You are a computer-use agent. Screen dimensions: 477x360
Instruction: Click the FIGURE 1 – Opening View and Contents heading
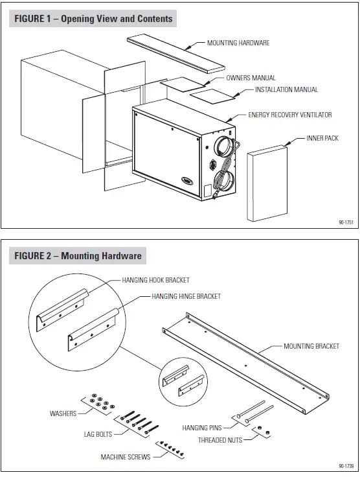pos(94,19)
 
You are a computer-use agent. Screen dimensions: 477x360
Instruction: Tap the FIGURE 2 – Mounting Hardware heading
pos(78,256)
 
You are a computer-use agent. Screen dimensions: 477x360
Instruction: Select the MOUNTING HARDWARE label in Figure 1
pos(238,43)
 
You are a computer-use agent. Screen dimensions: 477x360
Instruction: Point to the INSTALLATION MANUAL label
pos(286,89)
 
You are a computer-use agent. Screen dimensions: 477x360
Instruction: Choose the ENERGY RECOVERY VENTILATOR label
pos(289,115)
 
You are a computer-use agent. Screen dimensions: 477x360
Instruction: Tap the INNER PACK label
pos(322,138)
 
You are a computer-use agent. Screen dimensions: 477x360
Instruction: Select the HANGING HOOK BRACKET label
pos(155,280)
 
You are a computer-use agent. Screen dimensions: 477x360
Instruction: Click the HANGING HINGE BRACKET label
pos(186,296)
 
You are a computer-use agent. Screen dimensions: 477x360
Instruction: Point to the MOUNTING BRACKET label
pos(311,346)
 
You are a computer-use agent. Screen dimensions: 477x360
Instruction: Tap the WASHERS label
pos(63,413)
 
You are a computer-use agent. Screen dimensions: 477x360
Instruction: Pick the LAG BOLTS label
pos(98,434)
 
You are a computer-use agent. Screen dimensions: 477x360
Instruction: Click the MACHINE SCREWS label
pos(125,457)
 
